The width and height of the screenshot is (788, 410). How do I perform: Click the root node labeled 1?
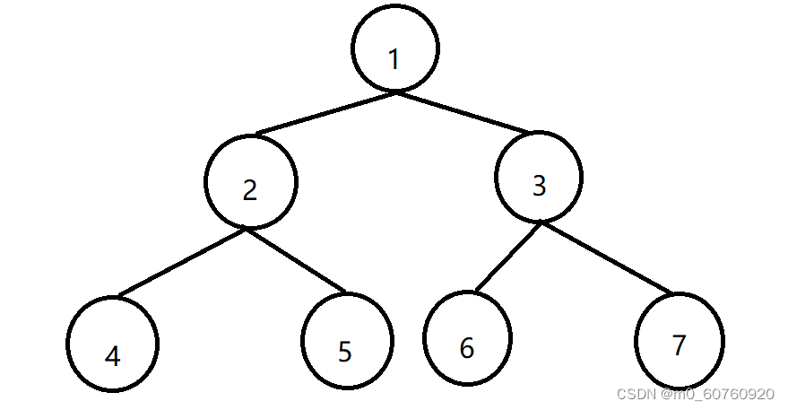click(395, 50)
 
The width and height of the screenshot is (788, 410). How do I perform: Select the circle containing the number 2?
click(250, 183)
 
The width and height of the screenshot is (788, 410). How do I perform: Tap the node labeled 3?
click(538, 178)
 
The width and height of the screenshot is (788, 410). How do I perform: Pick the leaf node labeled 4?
click(113, 345)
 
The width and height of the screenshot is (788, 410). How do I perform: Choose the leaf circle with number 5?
click(348, 340)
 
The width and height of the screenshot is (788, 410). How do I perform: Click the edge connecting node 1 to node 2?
click(326, 113)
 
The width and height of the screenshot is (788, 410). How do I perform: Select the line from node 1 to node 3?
click(463, 112)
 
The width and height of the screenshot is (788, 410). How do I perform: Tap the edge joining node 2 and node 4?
click(182, 261)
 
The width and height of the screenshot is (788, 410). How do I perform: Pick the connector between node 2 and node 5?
click(295, 260)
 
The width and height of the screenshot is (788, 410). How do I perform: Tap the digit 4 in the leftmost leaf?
click(112, 356)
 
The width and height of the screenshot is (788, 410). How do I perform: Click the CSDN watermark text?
click(696, 394)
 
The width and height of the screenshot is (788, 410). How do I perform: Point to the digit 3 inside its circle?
click(539, 186)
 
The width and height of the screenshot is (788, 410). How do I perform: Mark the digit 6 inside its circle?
click(467, 348)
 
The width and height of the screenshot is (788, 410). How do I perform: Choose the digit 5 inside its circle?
click(345, 352)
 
